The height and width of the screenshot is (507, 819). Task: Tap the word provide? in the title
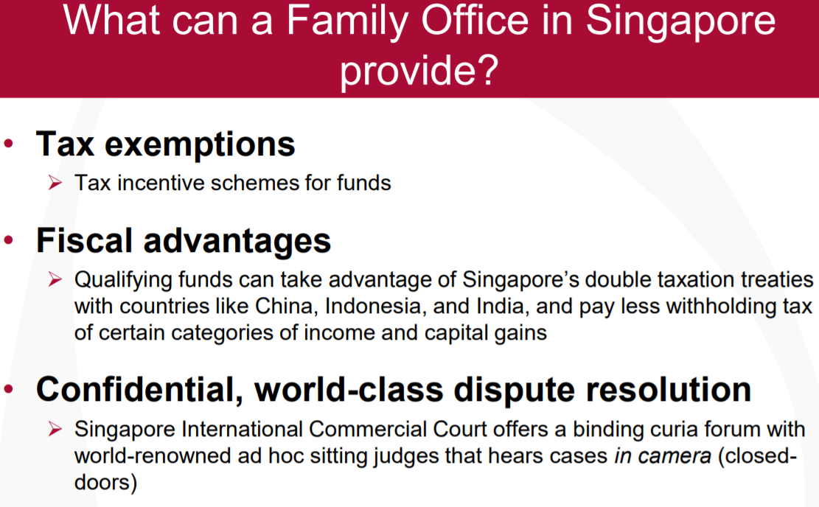click(x=419, y=70)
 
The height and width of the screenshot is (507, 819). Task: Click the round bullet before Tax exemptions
click(x=8, y=144)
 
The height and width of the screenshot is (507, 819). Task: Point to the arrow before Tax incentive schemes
click(x=55, y=183)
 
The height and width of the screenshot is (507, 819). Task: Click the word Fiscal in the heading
click(x=84, y=241)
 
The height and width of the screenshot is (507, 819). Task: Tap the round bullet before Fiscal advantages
click(x=8, y=240)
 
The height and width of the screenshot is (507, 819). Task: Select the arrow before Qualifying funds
click(x=55, y=279)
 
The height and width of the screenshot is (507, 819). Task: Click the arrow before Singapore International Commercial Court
click(x=55, y=429)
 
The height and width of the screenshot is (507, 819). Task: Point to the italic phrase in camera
click(x=662, y=456)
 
